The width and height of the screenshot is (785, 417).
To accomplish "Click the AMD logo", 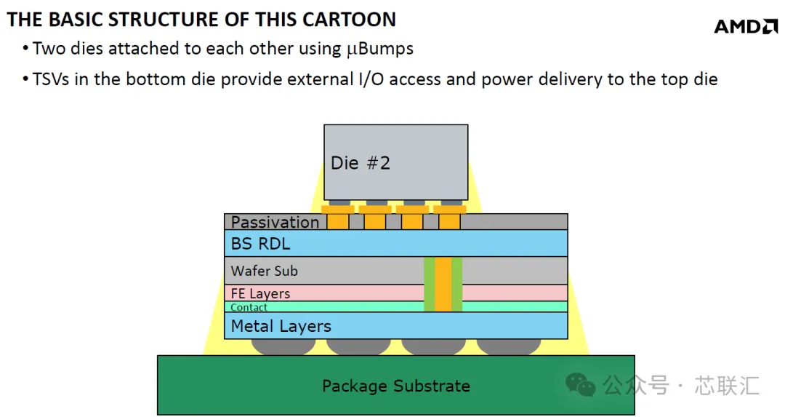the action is click(746, 26).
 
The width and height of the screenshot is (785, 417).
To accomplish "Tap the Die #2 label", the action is click(360, 163).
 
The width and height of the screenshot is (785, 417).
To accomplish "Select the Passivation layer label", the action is click(275, 222).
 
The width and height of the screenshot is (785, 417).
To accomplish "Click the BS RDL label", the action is click(260, 244).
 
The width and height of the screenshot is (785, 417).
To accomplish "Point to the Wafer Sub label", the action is click(265, 271).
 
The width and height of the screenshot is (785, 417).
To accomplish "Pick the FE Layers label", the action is click(260, 293).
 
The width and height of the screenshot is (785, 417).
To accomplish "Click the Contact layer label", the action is click(249, 307).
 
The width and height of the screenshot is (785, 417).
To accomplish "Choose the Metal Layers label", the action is click(281, 326).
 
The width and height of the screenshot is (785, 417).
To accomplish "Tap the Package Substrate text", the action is click(396, 386).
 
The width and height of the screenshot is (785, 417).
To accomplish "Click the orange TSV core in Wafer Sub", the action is click(443, 284).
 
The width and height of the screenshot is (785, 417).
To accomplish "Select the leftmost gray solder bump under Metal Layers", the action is click(283, 347).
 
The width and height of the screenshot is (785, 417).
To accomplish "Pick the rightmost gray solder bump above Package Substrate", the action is click(509, 347).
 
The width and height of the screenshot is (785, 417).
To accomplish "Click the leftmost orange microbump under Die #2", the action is click(338, 217).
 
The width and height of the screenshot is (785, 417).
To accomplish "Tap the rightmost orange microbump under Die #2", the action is click(450, 217).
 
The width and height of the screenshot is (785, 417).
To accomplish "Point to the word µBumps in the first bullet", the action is click(380, 49).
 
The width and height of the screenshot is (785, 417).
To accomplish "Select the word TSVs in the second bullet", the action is click(51, 79).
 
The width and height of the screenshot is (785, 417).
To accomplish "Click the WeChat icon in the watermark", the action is click(580, 385).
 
